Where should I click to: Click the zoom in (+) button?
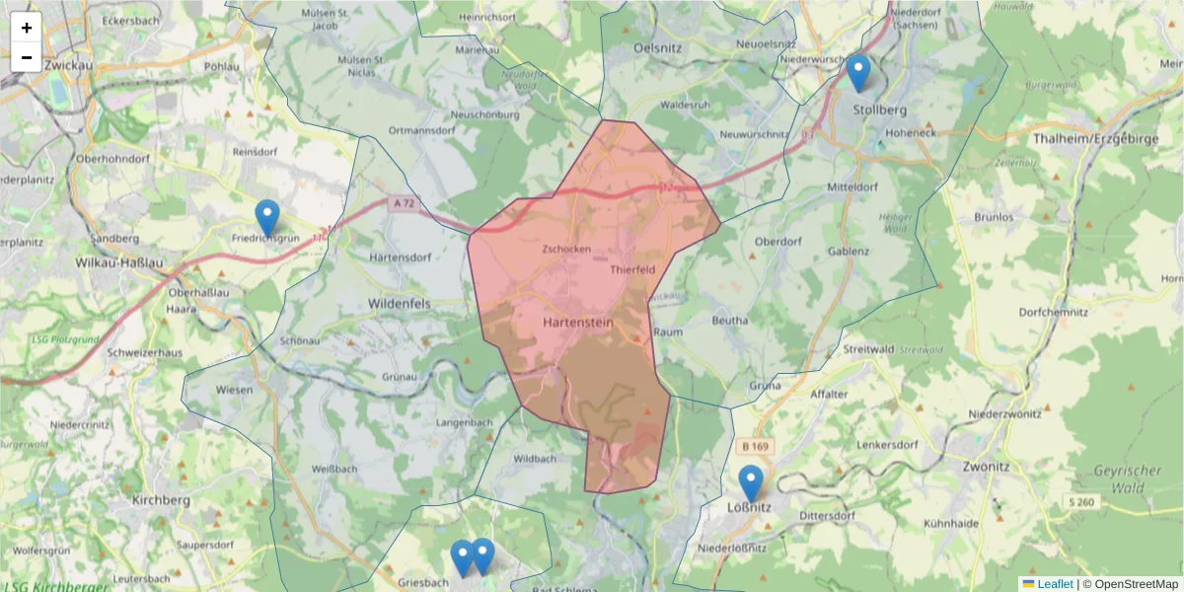coord(27,28)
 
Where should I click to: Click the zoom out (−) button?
coord(27,57)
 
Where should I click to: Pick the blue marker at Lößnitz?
coord(751,483)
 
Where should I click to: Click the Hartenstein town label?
coord(578,322)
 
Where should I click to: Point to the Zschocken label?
coord(566,250)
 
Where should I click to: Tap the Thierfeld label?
coord(632,269)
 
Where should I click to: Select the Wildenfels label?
coord(399,304)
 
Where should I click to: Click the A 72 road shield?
coord(403,203)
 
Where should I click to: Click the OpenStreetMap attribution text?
coord(1130,584)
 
